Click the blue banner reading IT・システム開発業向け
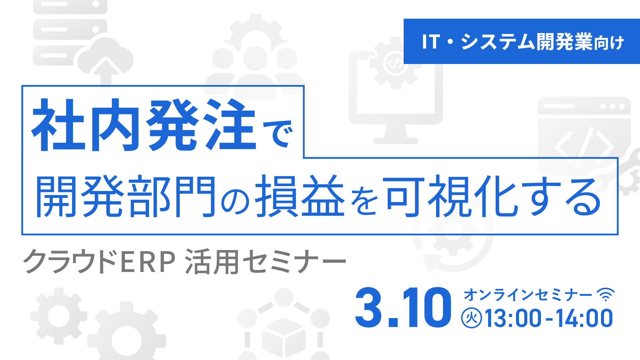tap(522, 41)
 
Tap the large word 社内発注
tap(143, 125)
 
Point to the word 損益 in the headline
tap(299, 197)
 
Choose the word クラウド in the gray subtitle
tap(70, 262)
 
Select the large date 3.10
tap(403, 307)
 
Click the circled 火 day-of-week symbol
tap(471, 318)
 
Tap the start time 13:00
tap(513, 318)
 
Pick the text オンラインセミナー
tap(528, 295)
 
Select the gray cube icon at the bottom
tap(284, 337)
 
